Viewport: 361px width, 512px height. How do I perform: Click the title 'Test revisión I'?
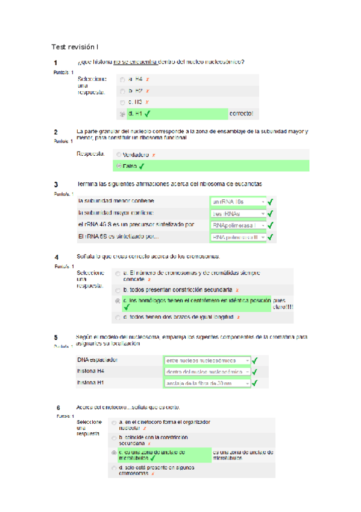pyautogui.click(x=77, y=46)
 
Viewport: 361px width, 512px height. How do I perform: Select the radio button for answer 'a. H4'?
pyautogui.click(x=123, y=79)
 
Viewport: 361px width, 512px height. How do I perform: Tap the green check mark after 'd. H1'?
pyautogui.click(x=148, y=113)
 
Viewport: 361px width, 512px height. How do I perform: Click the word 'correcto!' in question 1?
pyautogui.click(x=241, y=114)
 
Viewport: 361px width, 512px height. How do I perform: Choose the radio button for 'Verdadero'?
pyautogui.click(x=118, y=155)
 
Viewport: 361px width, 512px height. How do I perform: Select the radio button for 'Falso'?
pyautogui.click(x=118, y=166)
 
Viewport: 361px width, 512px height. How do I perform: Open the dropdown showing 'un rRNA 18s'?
pyautogui.click(x=238, y=202)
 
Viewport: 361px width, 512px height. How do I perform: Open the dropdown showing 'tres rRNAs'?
pyautogui.click(x=238, y=214)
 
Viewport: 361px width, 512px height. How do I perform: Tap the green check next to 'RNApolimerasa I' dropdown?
pyautogui.click(x=271, y=226)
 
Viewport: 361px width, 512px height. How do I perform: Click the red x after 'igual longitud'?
pyautogui.click(x=239, y=316)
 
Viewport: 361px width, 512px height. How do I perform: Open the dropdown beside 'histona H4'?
pyautogui.click(x=207, y=371)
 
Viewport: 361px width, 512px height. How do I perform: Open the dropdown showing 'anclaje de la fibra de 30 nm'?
pyautogui.click(x=207, y=383)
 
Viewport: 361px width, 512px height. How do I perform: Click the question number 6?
pyautogui.click(x=58, y=408)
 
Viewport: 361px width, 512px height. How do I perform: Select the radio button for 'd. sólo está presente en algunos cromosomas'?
pyautogui.click(x=115, y=468)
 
